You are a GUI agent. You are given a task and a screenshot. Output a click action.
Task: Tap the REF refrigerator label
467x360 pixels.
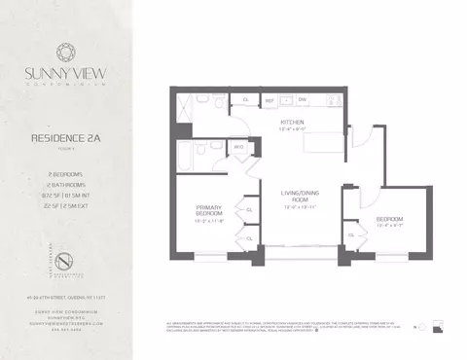point(269,99)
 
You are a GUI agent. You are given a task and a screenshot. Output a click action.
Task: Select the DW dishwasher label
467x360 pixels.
point(304,99)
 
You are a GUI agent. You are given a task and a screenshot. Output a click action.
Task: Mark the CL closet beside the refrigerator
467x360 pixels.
point(245,99)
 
